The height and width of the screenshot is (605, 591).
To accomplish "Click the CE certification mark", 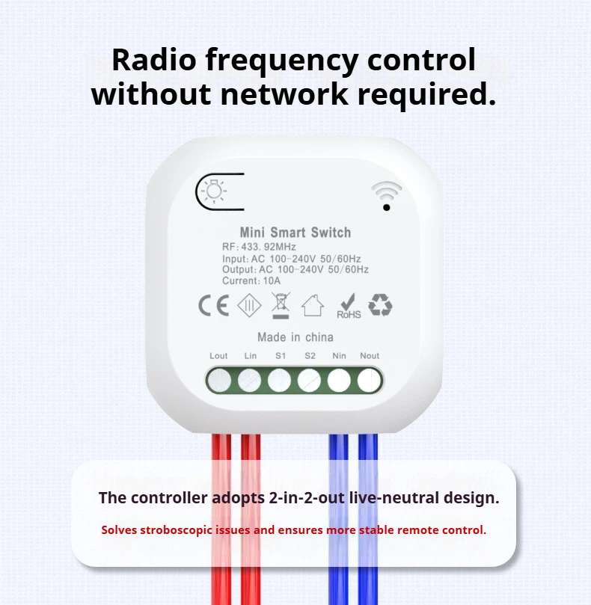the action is coord(213,306).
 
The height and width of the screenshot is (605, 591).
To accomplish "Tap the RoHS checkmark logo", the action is coord(349,307).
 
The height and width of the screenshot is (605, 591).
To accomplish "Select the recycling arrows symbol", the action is coord(380,305).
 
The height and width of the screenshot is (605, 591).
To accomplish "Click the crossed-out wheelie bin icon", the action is coord(281,305).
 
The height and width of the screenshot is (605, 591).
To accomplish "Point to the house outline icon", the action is coord(313,306).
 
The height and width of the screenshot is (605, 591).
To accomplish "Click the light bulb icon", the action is coord(215,191).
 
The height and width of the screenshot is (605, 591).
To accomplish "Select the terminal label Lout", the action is coord(218,356).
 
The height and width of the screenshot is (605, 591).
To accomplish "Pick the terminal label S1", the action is coord(281,356).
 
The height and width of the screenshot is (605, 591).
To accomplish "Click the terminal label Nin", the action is coord(340,356).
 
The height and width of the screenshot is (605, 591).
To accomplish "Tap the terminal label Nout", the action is coord(370,356).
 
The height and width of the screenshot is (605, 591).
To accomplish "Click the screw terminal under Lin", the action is coord(249,381).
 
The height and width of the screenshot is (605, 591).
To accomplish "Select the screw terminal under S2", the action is coord(309,381).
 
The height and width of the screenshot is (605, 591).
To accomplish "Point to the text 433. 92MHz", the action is coord(269,247).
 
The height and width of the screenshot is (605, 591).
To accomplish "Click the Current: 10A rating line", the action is coord(251,281).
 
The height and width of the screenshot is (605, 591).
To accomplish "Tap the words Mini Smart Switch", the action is coord(295,233).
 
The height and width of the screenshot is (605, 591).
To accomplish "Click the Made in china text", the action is coord(295,337).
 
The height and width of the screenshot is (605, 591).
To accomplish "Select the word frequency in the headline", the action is coord(282,61).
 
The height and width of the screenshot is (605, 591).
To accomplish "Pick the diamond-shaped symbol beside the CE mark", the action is coord(249,306).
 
